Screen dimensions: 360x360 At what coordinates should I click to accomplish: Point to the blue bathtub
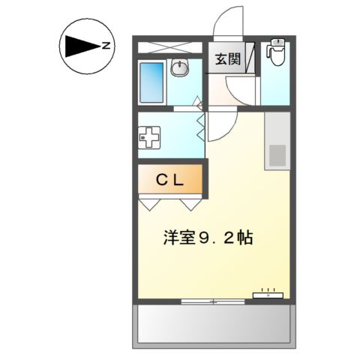pos(151,82)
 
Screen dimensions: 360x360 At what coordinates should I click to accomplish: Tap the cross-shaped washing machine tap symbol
pos(150,139)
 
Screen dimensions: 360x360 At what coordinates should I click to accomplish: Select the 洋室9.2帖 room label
pos(208,238)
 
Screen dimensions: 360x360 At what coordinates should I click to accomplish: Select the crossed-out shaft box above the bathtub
pos(171,46)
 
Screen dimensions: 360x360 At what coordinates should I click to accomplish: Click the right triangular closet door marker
pos(191,202)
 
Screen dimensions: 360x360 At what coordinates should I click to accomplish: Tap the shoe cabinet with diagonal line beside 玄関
pos(252,59)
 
